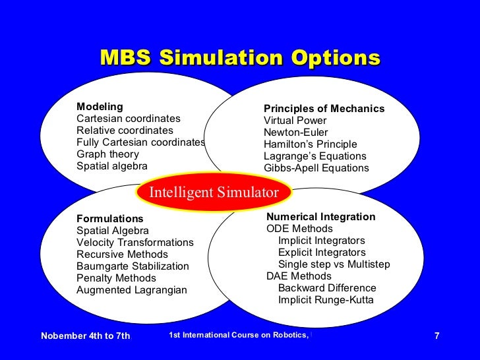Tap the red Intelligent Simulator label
click(x=214, y=193)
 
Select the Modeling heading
click(x=100, y=107)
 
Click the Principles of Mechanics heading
click(x=324, y=109)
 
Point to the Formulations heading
click(x=109, y=219)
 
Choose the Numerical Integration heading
click(x=320, y=217)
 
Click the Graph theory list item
click(x=107, y=154)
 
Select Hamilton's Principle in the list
click(x=310, y=144)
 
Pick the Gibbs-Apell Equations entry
click(x=316, y=168)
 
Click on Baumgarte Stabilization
click(x=133, y=266)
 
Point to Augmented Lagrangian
click(x=132, y=290)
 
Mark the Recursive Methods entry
click(x=122, y=255)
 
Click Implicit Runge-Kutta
click(x=326, y=300)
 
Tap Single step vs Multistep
click(x=334, y=264)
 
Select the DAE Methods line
click(x=299, y=276)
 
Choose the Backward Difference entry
click(x=327, y=288)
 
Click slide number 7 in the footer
click(x=436, y=336)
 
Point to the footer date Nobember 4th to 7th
click(x=86, y=336)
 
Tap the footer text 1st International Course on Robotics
click(x=239, y=336)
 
